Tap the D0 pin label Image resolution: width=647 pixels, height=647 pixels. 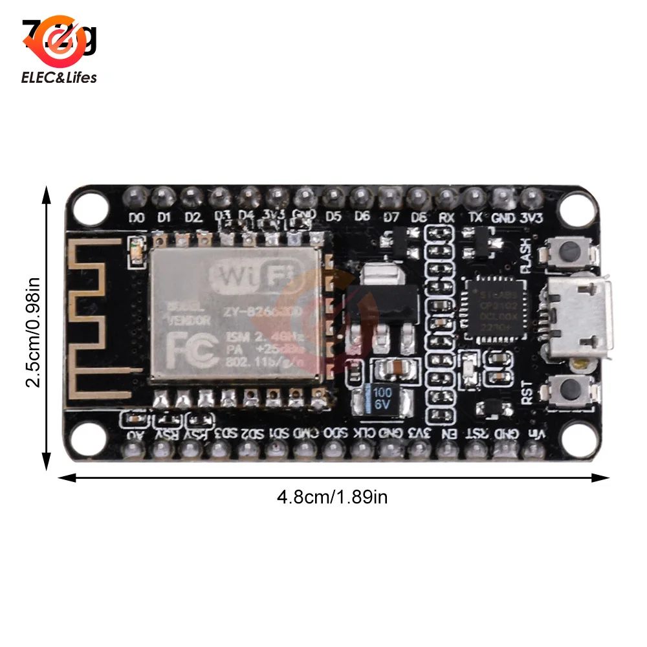137,218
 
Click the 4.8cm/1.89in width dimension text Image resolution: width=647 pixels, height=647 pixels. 332,497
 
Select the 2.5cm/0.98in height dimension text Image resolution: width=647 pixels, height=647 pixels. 33,332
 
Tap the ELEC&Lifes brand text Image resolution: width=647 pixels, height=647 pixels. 59,78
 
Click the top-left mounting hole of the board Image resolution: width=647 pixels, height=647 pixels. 89,206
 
